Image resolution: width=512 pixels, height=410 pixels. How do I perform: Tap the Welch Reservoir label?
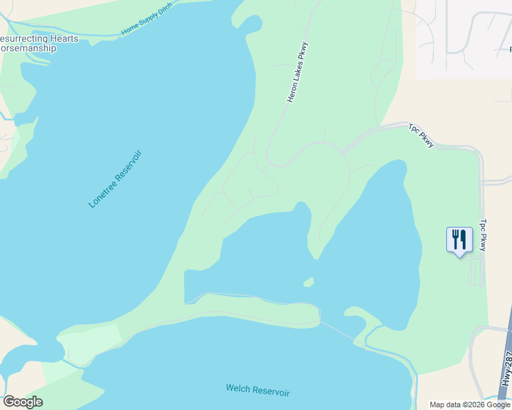(258, 392)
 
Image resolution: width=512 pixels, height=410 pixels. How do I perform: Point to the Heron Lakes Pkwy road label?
(298, 81)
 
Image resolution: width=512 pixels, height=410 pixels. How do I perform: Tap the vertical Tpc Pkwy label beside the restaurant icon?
(483, 234)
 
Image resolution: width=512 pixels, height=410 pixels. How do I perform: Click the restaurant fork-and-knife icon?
(459, 240)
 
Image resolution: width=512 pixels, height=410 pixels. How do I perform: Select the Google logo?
(23, 402)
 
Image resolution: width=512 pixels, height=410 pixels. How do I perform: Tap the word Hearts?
(64, 38)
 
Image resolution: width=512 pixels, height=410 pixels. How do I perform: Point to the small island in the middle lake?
(309, 282)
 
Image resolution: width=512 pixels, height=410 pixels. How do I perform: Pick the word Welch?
(238, 389)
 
